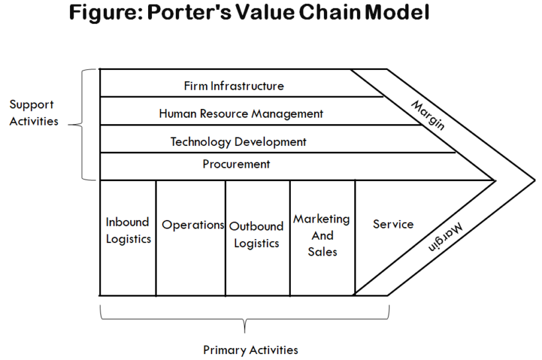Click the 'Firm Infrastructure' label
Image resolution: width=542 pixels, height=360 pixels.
click(x=234, y=86)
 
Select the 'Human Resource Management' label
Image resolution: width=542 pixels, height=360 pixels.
click(x=241, y=114)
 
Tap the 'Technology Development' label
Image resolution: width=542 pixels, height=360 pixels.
click(x=239, y=142)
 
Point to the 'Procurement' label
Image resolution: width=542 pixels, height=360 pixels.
click(x=237, y=164)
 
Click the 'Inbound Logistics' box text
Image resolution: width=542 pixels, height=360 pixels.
click(x=128, y=231)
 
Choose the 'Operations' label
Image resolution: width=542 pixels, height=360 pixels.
click(x=193, y=225)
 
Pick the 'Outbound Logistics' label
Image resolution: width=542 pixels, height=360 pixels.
click(x=256, y=234)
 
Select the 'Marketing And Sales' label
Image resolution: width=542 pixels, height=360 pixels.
click(x=322, y=235)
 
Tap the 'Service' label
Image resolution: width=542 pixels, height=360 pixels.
click(x=393, y=224)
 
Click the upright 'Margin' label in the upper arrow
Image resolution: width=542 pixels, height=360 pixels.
click(x=428, y=115)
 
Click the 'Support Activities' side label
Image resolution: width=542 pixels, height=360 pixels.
click(x=33, y=113)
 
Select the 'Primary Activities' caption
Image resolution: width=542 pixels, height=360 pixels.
click(x=251, y=350)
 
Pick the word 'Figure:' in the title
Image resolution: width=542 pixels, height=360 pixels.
click(x=104, y=13)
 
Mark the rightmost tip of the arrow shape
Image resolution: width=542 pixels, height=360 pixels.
click(x=534, y=179)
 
